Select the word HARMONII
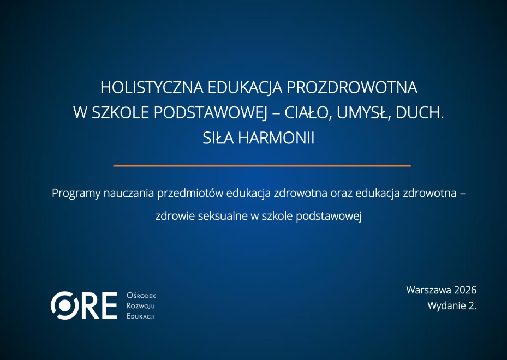coord(276,138)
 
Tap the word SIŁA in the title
coord(218,138)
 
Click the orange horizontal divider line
coord(262,165)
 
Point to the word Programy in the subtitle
coord(76,193)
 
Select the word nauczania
coord(129,193)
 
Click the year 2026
coord(466,290)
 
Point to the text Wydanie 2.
coord(452,305)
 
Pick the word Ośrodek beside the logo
coord(141,296)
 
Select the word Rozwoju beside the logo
coord(141,305)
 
